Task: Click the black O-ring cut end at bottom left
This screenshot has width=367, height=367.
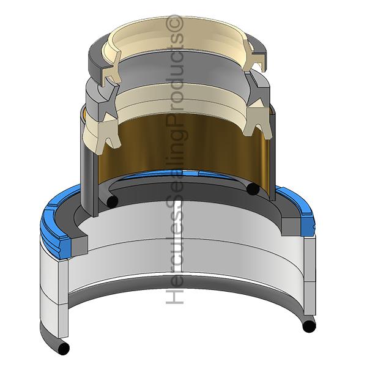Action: pyautogui.click(x=64, y=348)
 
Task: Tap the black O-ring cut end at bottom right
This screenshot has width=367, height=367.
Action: pyautogui.click(x=309, y=326)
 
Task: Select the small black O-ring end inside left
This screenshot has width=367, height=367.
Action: pyautogui.click(x=113, y=201)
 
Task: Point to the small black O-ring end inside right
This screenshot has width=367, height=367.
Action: pyautogui.click(x=253, y=188)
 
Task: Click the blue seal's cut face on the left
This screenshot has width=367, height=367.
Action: pyautogui.click(x=65, y=247)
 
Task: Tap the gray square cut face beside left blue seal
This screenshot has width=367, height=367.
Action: pyautogui.click(x=80, y=245)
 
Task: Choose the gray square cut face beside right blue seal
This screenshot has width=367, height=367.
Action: pyautogui.click(x=291, y=227)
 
